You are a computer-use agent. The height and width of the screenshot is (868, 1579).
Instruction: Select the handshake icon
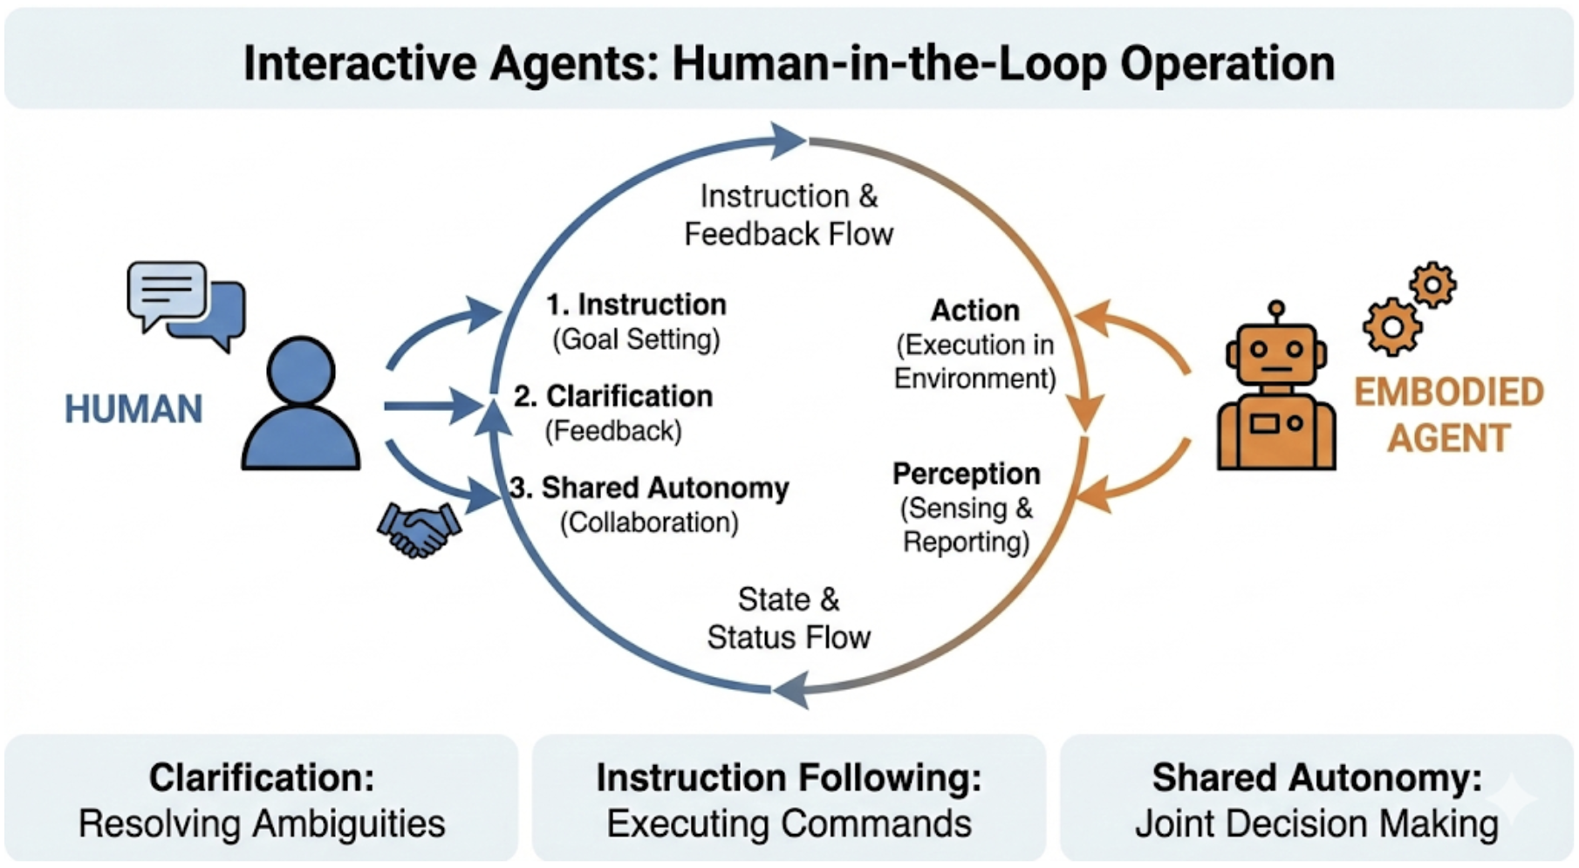coord(419,529)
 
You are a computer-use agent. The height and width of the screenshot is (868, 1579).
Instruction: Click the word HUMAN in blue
coord(133,409)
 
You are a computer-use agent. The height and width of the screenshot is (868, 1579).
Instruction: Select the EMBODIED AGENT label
coord(1448,415)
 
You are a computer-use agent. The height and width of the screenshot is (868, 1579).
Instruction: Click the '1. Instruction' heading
coord(636,304)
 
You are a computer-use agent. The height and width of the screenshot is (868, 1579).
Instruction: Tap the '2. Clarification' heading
coord(612,396)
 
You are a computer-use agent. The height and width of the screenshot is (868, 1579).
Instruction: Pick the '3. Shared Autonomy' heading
coord(649,488)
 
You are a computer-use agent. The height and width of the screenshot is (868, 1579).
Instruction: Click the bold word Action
coord(974,311)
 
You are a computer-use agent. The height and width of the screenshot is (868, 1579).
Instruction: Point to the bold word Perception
coord(966,474)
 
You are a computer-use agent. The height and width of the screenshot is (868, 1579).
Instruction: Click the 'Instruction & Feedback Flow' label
coord(789,215)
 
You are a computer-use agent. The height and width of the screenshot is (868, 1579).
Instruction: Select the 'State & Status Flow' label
coord(789,619)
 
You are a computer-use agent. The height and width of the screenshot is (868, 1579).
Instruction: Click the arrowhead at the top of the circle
coord(788,140)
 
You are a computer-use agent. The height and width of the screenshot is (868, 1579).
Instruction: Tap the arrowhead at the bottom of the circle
coord(789,690)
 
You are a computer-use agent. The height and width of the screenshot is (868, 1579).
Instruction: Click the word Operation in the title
coord(1227,64)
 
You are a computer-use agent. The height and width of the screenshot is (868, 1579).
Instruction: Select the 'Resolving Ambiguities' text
coord(262,824)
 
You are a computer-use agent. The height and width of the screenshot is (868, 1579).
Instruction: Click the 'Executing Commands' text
coord(789,824)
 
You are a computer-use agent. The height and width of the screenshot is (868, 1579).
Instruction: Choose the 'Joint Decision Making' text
coord(1316,824)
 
